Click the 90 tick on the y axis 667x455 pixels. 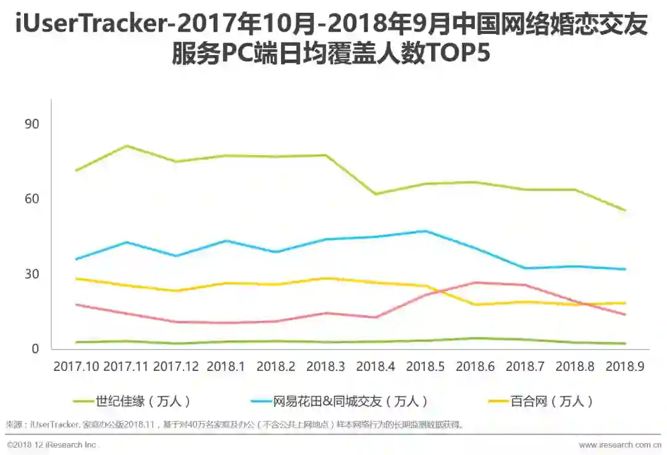point(31,124)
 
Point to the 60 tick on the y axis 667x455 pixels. point(31,199)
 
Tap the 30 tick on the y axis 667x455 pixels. point(31,274)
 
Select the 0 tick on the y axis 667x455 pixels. point(35,349)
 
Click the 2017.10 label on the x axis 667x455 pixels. point(76,367)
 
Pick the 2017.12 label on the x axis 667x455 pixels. point(176,367)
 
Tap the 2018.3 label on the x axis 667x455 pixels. point(325,367)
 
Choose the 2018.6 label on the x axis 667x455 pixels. point(476,367)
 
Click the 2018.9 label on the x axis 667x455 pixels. point(625,367)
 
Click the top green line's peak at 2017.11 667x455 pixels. point(126,146)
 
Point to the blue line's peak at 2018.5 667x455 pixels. point(426,231)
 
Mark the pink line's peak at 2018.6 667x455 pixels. point(476,283)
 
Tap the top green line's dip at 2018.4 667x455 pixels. point(375,194)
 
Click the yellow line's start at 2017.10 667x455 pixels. point(76,279)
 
